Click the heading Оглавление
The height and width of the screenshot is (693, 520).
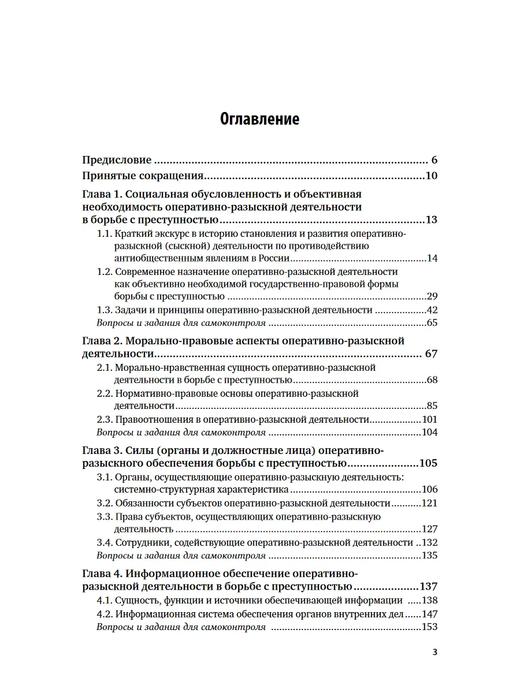(260, 120)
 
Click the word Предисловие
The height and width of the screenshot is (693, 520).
(117, 160)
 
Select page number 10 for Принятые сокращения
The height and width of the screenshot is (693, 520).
(431, 176)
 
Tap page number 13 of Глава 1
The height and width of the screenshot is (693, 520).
(431, 220)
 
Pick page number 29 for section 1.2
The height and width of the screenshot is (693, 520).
(432, 296)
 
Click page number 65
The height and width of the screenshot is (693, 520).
(432, 323)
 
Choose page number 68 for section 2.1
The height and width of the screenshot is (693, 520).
(432, 379)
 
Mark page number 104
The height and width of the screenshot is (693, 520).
(429, 432)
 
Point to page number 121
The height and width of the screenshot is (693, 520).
(429, 503)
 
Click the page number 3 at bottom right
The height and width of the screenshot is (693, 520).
(435, 653)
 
